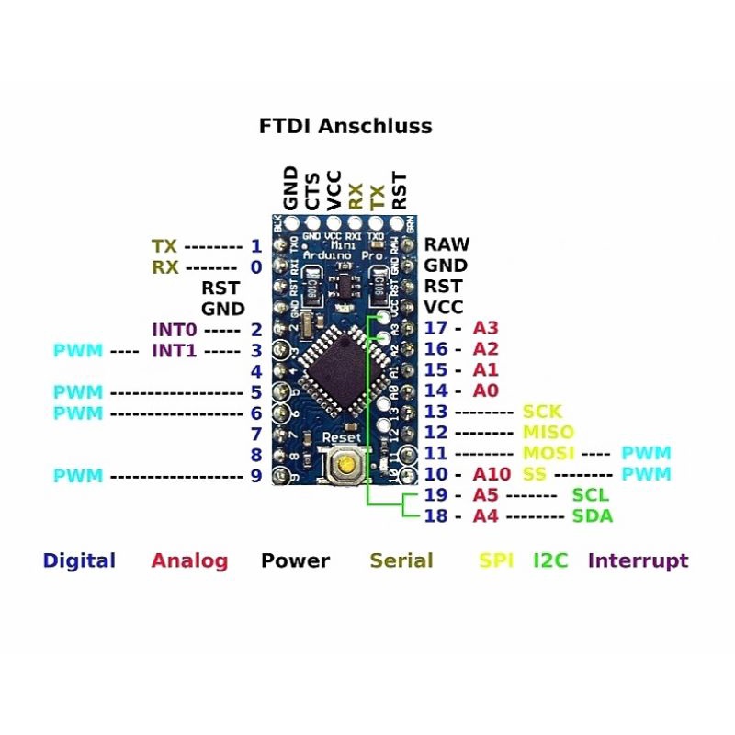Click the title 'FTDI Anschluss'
click(345, 127)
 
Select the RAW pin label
click(447, 244)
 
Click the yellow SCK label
click(542, 412)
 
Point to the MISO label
click(548, 432)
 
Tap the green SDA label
click(593, 515)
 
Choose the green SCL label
click(591, 495)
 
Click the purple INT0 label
click(175, 329)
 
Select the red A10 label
click(492, 474)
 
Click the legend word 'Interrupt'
click(638, 560)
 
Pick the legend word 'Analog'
click(189, 560)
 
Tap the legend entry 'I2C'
click(551, 560)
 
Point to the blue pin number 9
click(256, 476)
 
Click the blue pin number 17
click(435, 328)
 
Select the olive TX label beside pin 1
click(164, 246)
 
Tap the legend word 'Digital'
click(79, 560)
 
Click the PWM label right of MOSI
click(646, 453)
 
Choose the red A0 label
click(485, 390)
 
